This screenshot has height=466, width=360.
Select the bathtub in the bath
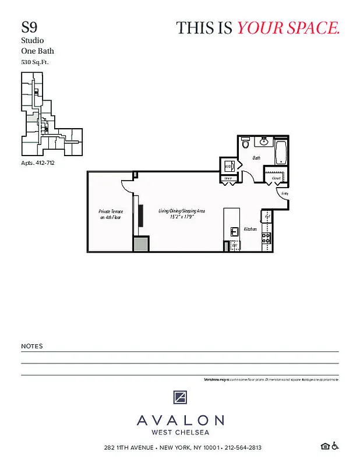point(281,151)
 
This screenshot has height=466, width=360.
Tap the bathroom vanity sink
point(264,141)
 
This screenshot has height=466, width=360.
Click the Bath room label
point(256,158)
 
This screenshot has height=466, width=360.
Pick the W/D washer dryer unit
point(227,167)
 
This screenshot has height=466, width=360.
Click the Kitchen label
point(250,229)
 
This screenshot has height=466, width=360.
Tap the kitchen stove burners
point(267,238)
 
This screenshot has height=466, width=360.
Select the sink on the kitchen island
point(234,231)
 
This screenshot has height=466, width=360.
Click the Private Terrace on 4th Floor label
point(110,214)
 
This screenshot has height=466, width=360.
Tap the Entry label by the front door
point(284,193)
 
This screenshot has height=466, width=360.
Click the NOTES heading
point(32,346)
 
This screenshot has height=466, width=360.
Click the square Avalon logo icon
point(180,398)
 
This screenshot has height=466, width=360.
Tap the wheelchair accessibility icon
point(335,447)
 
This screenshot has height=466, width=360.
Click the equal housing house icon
point(325,447)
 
